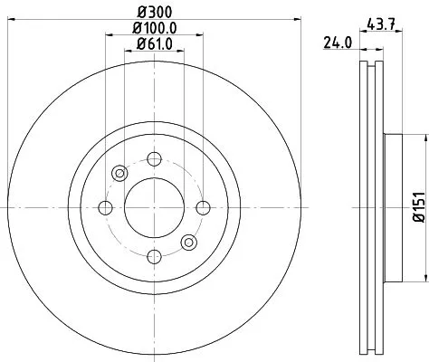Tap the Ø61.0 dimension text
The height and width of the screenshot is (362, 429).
[153, 45]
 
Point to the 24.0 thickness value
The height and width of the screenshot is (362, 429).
[337, 41]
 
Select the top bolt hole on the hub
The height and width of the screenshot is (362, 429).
[153, 160]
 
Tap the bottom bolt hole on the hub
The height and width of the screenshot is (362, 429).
[153, 256]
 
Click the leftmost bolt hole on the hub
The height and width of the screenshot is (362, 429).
[105, 208]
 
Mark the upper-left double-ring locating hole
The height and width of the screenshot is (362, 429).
[119, 174]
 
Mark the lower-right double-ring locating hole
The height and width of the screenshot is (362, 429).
[187, 243]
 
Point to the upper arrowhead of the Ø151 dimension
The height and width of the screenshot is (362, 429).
[421, 138]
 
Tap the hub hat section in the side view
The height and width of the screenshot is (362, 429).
[391, 208]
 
